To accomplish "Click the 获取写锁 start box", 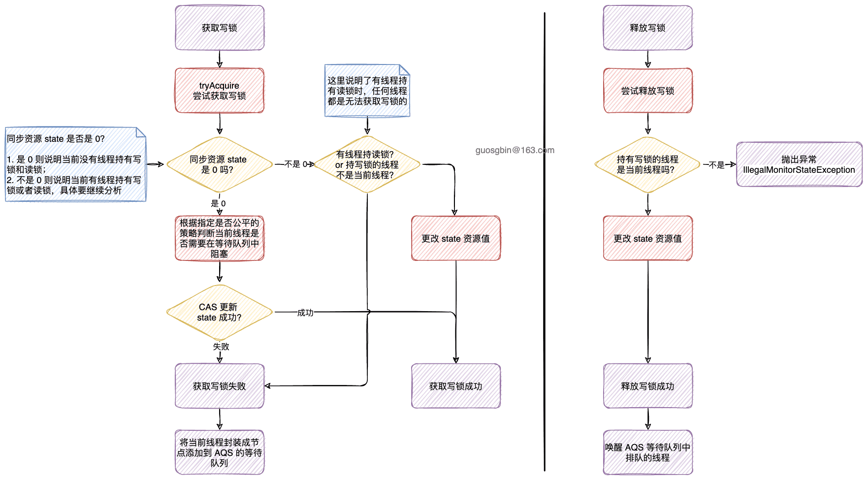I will click(220, 28).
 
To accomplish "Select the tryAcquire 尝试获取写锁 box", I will click(220, 91).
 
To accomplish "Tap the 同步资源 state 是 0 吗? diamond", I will click(220, 164).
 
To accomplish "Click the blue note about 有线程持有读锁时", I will click(367, 91).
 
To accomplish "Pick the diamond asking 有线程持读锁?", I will click(367, 164).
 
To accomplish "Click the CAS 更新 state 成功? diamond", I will click(220, 312).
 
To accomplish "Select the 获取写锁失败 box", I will click(220, 386).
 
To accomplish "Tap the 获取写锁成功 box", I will click(456, 386).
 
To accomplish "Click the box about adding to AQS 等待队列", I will click(220, 452).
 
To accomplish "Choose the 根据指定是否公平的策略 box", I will click(220, 238).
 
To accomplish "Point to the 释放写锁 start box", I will click(648, 28).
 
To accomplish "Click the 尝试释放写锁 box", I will click(648, 91).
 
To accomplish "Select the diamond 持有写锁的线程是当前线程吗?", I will click(648, 164).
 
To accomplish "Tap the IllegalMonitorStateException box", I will click(799, 164).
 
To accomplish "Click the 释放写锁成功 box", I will click(648, 386).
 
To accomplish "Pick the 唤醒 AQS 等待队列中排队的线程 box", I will click(648, 452).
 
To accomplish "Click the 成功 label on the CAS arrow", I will click(305, 313).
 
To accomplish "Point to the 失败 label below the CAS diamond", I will click(221, 347).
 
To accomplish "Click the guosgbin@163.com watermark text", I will click(514, 150).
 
